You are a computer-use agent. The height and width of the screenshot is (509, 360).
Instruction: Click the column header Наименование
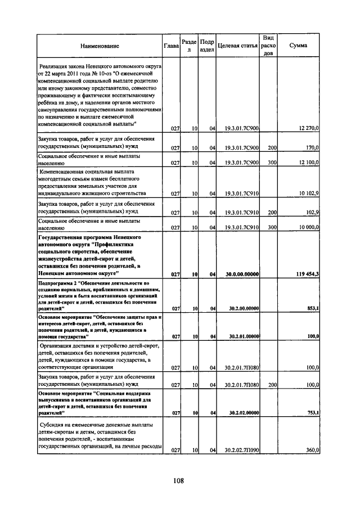100,46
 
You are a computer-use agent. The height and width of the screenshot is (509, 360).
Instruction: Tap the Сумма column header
298,46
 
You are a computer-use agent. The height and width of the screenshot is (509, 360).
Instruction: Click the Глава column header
171,46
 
